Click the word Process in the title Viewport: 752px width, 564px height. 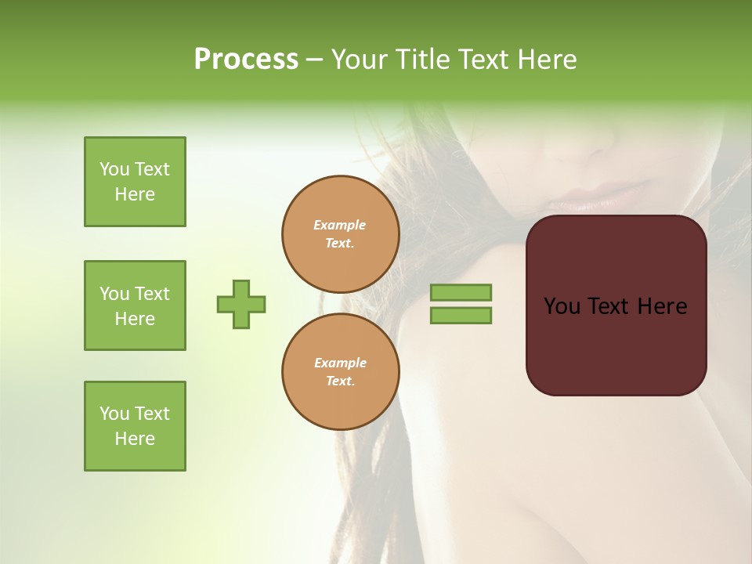[246, 60]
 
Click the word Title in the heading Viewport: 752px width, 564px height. [421, 60]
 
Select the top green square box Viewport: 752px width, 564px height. [135, 182]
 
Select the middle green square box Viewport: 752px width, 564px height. [135, 305]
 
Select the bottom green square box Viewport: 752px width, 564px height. [135, 426]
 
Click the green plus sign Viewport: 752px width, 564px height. [241, 304]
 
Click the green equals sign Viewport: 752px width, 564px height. [461, 304]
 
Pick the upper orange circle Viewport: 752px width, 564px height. [340, 234]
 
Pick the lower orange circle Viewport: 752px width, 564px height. [340, 372]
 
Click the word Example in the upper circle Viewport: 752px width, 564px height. [340, 225]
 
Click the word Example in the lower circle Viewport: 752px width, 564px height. [340, 363]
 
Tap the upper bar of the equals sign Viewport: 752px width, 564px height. [461, 292]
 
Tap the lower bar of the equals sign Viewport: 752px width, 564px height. [461, 316]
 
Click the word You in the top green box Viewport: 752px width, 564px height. [114, 169]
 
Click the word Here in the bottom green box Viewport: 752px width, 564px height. [135, 439]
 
